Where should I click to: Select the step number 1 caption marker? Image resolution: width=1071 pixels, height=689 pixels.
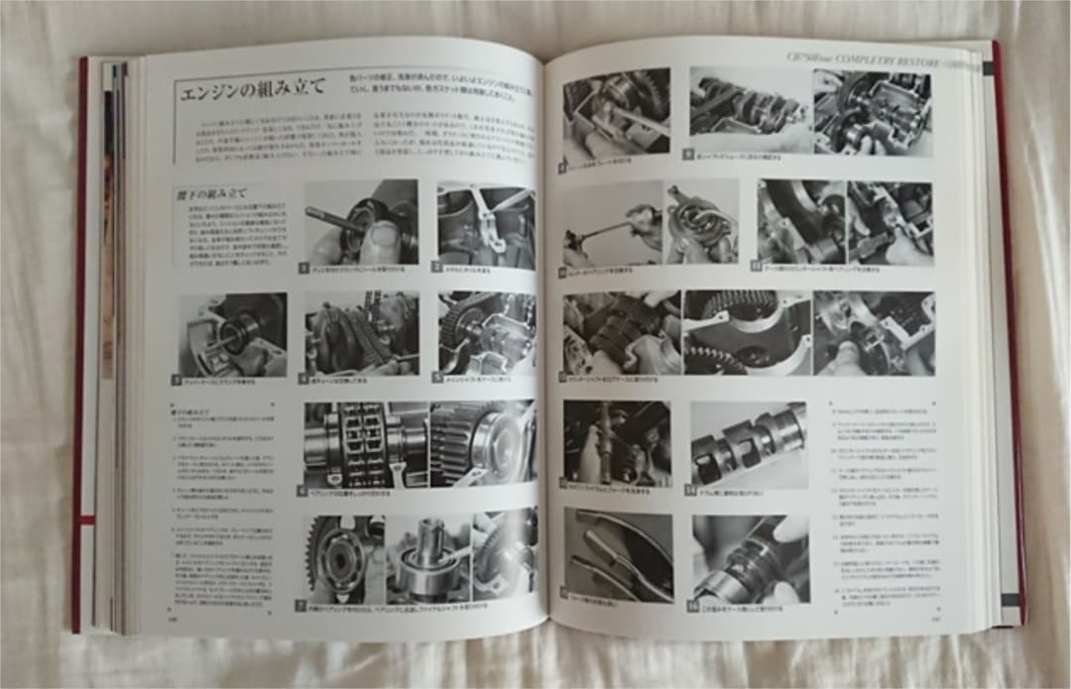pyautogui.click(x=306, y=268)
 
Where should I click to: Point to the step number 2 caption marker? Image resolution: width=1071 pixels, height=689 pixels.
pyautogui.click(x=436, y=268)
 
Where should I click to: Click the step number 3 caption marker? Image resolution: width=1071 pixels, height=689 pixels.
pyautogui.click(x=177, y=379)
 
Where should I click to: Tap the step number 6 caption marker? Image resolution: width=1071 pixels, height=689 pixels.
pyautogui.click(x=302, y=489)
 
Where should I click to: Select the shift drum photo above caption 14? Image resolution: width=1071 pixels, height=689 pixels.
pyautogui.click(x=749, y=442)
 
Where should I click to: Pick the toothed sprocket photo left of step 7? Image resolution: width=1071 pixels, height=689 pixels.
pyautogui.click(x=342, y=555)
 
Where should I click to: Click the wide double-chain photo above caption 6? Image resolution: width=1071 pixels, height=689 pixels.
pyautogui.click(x=417, y=442)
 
